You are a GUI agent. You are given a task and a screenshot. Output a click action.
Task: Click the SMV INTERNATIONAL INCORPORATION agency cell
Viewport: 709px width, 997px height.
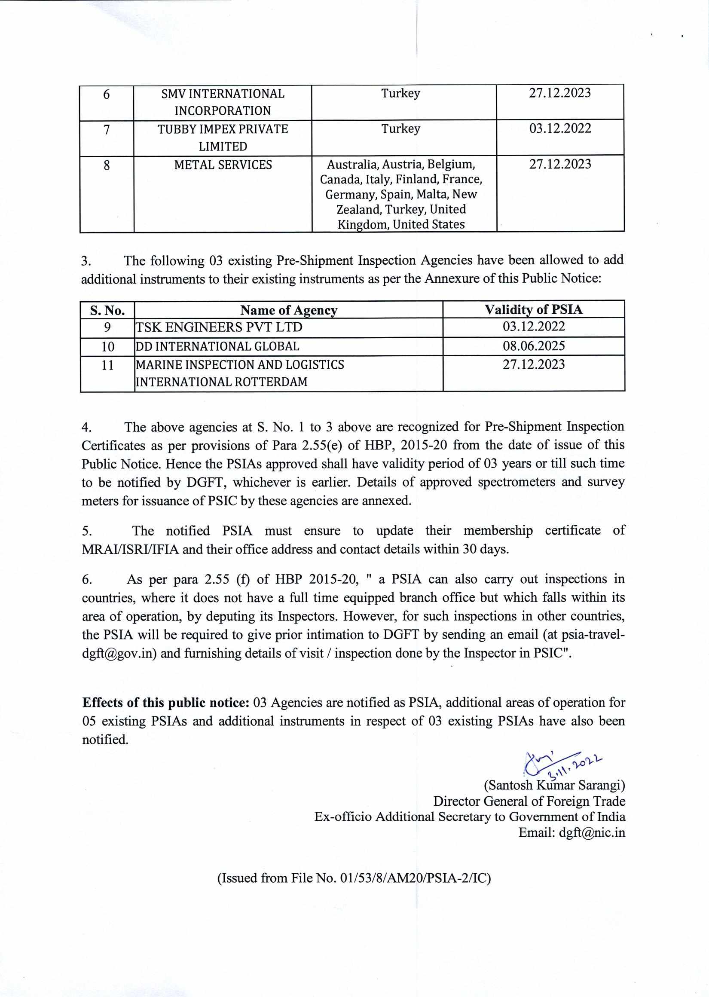coord(223,102)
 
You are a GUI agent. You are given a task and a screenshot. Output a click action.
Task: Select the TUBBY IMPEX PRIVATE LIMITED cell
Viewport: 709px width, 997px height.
coord(223,138)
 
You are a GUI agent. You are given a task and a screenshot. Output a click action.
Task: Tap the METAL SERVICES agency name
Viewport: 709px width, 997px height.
coord(223,165)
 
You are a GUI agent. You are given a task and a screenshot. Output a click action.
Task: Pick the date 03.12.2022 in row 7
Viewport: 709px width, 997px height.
coord(560,129)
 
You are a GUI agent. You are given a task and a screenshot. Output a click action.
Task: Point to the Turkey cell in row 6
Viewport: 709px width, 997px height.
coord(400,93)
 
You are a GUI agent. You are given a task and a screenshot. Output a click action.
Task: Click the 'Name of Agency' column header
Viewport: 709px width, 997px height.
coord(289,310)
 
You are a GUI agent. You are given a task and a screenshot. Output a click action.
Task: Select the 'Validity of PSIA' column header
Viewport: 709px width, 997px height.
coord(534,309)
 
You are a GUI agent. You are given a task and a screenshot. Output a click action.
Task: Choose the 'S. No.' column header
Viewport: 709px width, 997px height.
coord(107,310)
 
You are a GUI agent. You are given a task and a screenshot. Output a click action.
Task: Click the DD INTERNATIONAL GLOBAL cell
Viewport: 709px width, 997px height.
coord(217,347)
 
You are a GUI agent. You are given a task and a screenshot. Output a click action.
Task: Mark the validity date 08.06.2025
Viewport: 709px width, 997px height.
coord(534,346)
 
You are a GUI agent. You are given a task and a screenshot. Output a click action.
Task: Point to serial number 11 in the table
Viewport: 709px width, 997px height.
coord(107,365)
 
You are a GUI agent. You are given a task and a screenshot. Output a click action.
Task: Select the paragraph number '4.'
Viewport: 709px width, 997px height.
coord(86,427)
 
